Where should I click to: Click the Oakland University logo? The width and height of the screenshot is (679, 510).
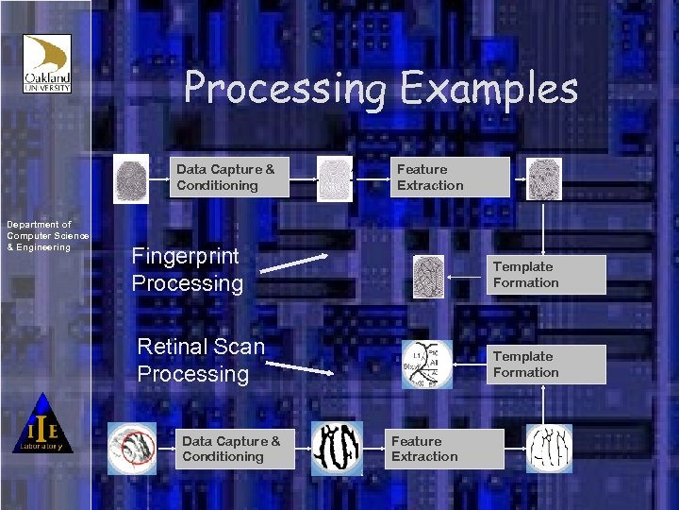tap(47, 64)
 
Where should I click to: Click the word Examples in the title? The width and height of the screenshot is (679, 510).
tap(489, 90)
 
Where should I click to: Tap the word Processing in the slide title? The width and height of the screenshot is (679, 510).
tap(285, 90)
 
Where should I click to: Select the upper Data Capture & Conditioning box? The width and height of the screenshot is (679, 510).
tap(230, 178)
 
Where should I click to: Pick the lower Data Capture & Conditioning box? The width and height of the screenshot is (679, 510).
tap(236, 449)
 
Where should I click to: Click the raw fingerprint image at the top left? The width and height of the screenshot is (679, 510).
tap(131, 178)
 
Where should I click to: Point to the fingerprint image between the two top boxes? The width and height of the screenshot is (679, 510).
tap(335, 178)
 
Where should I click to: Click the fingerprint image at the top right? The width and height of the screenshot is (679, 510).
tap(544, 178)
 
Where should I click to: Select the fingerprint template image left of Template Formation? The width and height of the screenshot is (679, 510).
tap(429, 277)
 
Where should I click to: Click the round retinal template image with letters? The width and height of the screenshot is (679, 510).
tap(427, 365)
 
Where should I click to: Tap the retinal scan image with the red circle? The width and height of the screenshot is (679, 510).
tap(132, 448)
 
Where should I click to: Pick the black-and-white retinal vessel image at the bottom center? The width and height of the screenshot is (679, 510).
tap(337, 448)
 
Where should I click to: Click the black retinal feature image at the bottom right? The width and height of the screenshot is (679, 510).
tap(549, 448)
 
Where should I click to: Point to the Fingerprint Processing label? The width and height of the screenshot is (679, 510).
tap(187, 269)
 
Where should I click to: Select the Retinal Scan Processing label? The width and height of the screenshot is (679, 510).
tap(201, 360)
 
